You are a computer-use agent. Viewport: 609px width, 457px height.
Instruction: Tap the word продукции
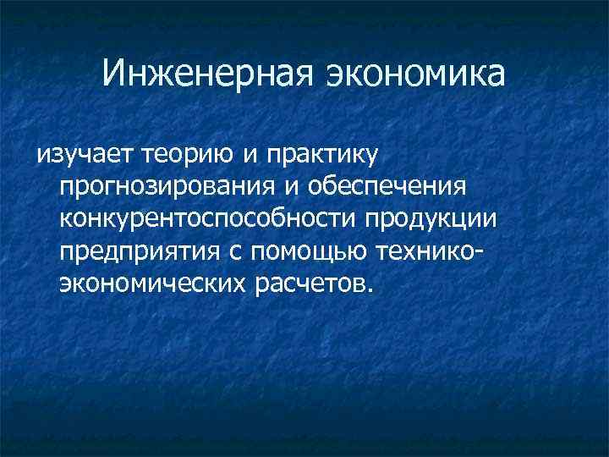click(431, 218)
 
